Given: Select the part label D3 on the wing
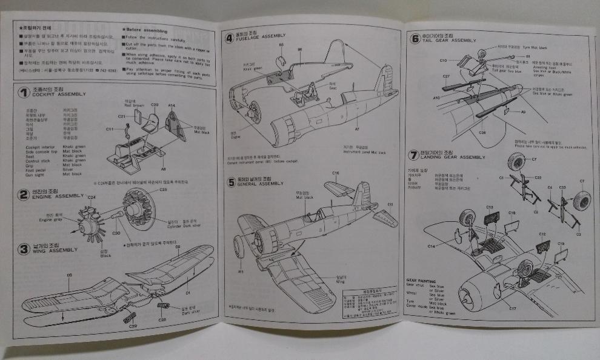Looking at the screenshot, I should click(70, 275).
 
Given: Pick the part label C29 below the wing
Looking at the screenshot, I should click(133, 326).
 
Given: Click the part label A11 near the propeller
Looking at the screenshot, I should click(241, 272).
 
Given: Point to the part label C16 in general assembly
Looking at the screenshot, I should click(335, 173).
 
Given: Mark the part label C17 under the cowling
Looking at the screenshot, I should click(513, 308).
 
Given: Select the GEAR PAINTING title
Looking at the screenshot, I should click(426, 281).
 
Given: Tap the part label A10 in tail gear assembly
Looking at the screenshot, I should click(436, 98).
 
